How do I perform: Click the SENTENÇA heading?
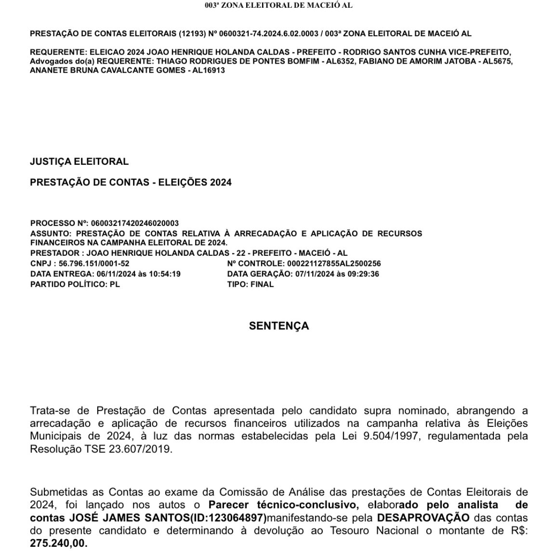(x=278, y=326)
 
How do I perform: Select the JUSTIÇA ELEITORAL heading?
(x=79, y=162)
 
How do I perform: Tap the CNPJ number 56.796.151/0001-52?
(x=94, y=264)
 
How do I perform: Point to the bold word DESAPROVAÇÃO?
(x=422, y=518)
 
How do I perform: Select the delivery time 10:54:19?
(x=165, y=274)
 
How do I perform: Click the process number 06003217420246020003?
(x=134, y=223)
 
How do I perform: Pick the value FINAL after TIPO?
(x=262, y=284)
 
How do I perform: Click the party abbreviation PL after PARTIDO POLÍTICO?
(x=114, y=284)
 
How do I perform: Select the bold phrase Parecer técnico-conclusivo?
(x=283, y=505)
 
